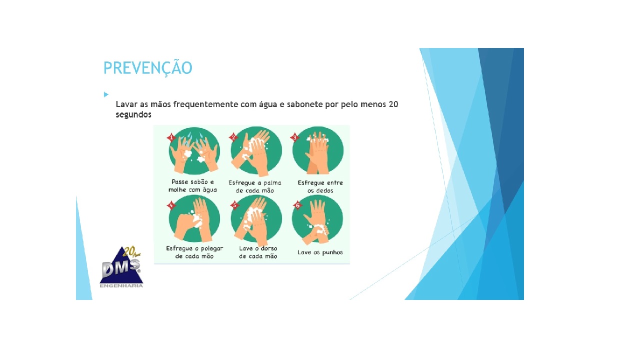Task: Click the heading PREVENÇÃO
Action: point(147,68)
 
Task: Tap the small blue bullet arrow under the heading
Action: point(106,94)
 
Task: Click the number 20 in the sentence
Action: point(393,104)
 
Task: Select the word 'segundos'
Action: point(133,114)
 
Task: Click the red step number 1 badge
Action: point(171,137)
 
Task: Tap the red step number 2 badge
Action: point(233,137)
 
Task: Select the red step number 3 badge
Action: point(294,137)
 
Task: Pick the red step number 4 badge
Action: point(171,205)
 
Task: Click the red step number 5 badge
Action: point(233,205)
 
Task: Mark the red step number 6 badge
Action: point(297,205)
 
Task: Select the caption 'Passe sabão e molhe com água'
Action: point(192,186)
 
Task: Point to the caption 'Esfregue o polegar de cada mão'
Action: point(194,252)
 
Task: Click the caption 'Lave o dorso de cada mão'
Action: point(258,252)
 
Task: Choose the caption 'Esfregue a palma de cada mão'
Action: point(255,186)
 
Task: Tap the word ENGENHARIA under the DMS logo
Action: point(121,286)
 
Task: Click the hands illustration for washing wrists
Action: point(317,220)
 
